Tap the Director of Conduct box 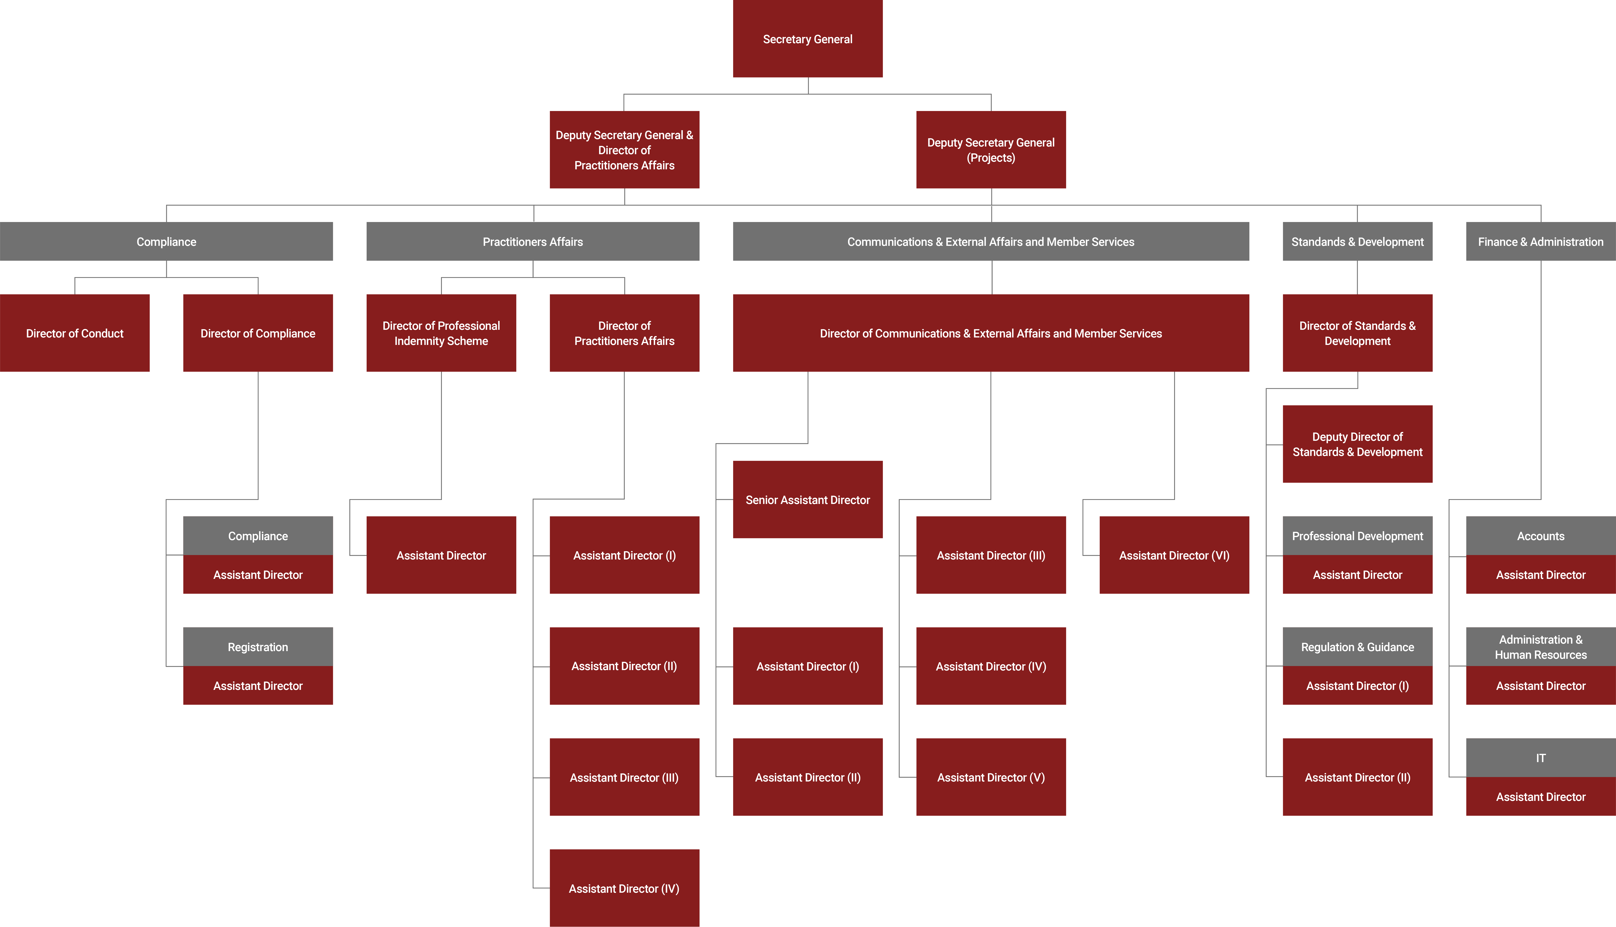[x=74, y=333]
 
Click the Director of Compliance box [x=258, y=333]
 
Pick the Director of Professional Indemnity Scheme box [x=441, y=333]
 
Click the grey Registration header [x=258, y=647]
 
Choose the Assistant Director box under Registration [x=258, y=686]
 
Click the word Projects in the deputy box [x=991, y=158]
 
